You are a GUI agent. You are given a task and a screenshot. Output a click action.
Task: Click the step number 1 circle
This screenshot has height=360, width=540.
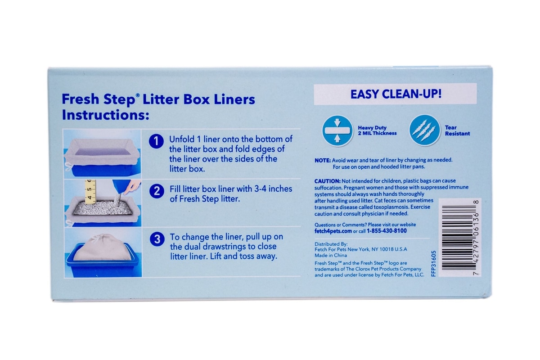pos(156,141)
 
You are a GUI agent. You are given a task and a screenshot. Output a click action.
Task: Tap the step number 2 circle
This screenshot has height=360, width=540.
pos(157,191)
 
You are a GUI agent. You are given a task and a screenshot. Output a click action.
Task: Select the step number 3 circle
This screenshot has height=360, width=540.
pos(157,239)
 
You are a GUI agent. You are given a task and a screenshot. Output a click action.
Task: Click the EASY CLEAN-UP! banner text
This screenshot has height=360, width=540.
pos(396,94)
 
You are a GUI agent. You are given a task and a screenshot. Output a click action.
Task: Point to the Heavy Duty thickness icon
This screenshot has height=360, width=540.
pos(337,130)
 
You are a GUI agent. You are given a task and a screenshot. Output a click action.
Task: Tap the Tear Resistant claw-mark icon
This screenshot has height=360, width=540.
pos(424,130)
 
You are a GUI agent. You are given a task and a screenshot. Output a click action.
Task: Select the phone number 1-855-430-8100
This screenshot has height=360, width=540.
pos(387,231)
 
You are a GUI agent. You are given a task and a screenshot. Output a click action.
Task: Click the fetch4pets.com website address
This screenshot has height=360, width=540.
pos(333,231)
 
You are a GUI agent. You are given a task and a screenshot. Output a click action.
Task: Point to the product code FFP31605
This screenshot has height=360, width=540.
pos(433,264)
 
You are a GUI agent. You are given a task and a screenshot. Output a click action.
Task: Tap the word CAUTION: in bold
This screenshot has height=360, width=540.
pos(328,181)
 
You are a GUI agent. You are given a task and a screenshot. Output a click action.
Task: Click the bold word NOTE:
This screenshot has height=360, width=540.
pos(323,160)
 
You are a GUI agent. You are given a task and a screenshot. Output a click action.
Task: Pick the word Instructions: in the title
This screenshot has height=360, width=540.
pos(106,115)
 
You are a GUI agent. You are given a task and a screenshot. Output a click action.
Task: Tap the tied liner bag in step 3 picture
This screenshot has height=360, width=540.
pos(103,247)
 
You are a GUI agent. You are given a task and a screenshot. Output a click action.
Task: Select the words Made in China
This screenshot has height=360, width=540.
pos(331,255)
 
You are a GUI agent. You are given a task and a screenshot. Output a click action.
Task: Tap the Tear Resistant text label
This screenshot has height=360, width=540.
pos(457,130)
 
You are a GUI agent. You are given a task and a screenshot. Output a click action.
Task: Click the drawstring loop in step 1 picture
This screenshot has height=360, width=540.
pos(68,166)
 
